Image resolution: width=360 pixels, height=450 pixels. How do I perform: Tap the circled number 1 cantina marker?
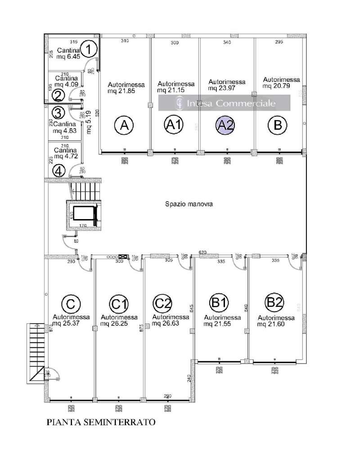90,49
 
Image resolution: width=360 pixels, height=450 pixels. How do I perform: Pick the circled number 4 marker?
58,170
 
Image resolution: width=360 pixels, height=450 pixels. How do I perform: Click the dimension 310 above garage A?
125,41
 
